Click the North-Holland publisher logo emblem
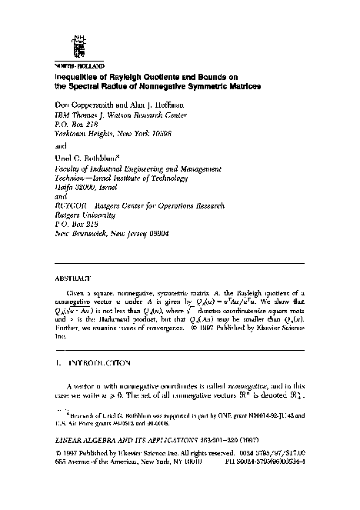(75, 48)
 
